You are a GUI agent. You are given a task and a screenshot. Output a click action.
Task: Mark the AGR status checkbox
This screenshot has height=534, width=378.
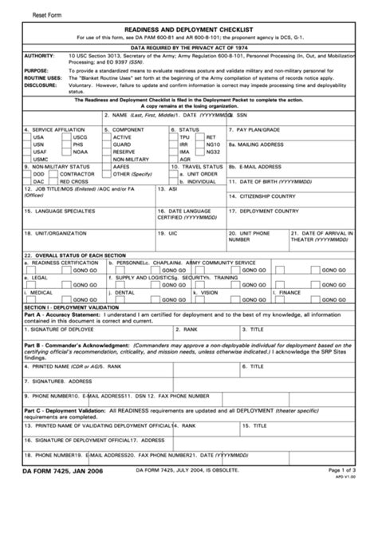[x=174, y=158]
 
